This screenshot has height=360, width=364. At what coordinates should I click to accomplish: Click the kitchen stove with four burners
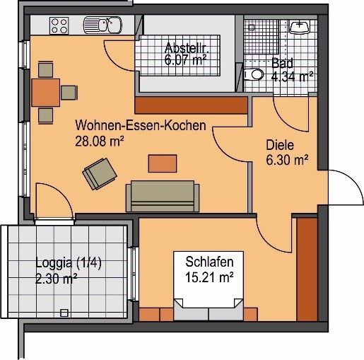[59, 25]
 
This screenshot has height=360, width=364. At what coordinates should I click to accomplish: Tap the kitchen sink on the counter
[102, 25]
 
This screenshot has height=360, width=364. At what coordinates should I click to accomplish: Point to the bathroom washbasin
[299, 27]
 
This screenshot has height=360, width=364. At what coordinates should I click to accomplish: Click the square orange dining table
[46, 93]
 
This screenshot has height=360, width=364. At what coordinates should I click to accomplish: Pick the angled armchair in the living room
[100, 174]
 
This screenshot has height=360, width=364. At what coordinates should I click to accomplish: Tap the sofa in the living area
[163, 196]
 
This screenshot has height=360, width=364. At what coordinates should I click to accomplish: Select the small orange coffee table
[163, 163]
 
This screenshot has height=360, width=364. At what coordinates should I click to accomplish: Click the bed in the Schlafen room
[209, 286]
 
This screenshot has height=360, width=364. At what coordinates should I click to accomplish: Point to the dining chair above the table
[45, 69]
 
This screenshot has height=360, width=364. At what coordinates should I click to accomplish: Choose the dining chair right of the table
[69, 93]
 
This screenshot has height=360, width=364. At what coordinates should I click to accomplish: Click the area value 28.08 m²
[100, 141]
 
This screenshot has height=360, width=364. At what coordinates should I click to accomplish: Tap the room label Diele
[280, 145]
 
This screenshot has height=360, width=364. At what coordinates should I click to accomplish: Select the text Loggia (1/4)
[69, 262]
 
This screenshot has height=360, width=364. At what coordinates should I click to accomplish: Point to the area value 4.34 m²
[292, 76]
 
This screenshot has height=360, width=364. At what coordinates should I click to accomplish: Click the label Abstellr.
[187, 48]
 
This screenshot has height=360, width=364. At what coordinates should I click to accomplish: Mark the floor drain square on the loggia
[64, 313]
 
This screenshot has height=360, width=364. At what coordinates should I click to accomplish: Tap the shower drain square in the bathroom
[252, 28]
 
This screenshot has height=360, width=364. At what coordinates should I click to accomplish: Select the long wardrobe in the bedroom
[307, 269]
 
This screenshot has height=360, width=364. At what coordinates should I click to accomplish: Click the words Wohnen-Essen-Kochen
[141, 125]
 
